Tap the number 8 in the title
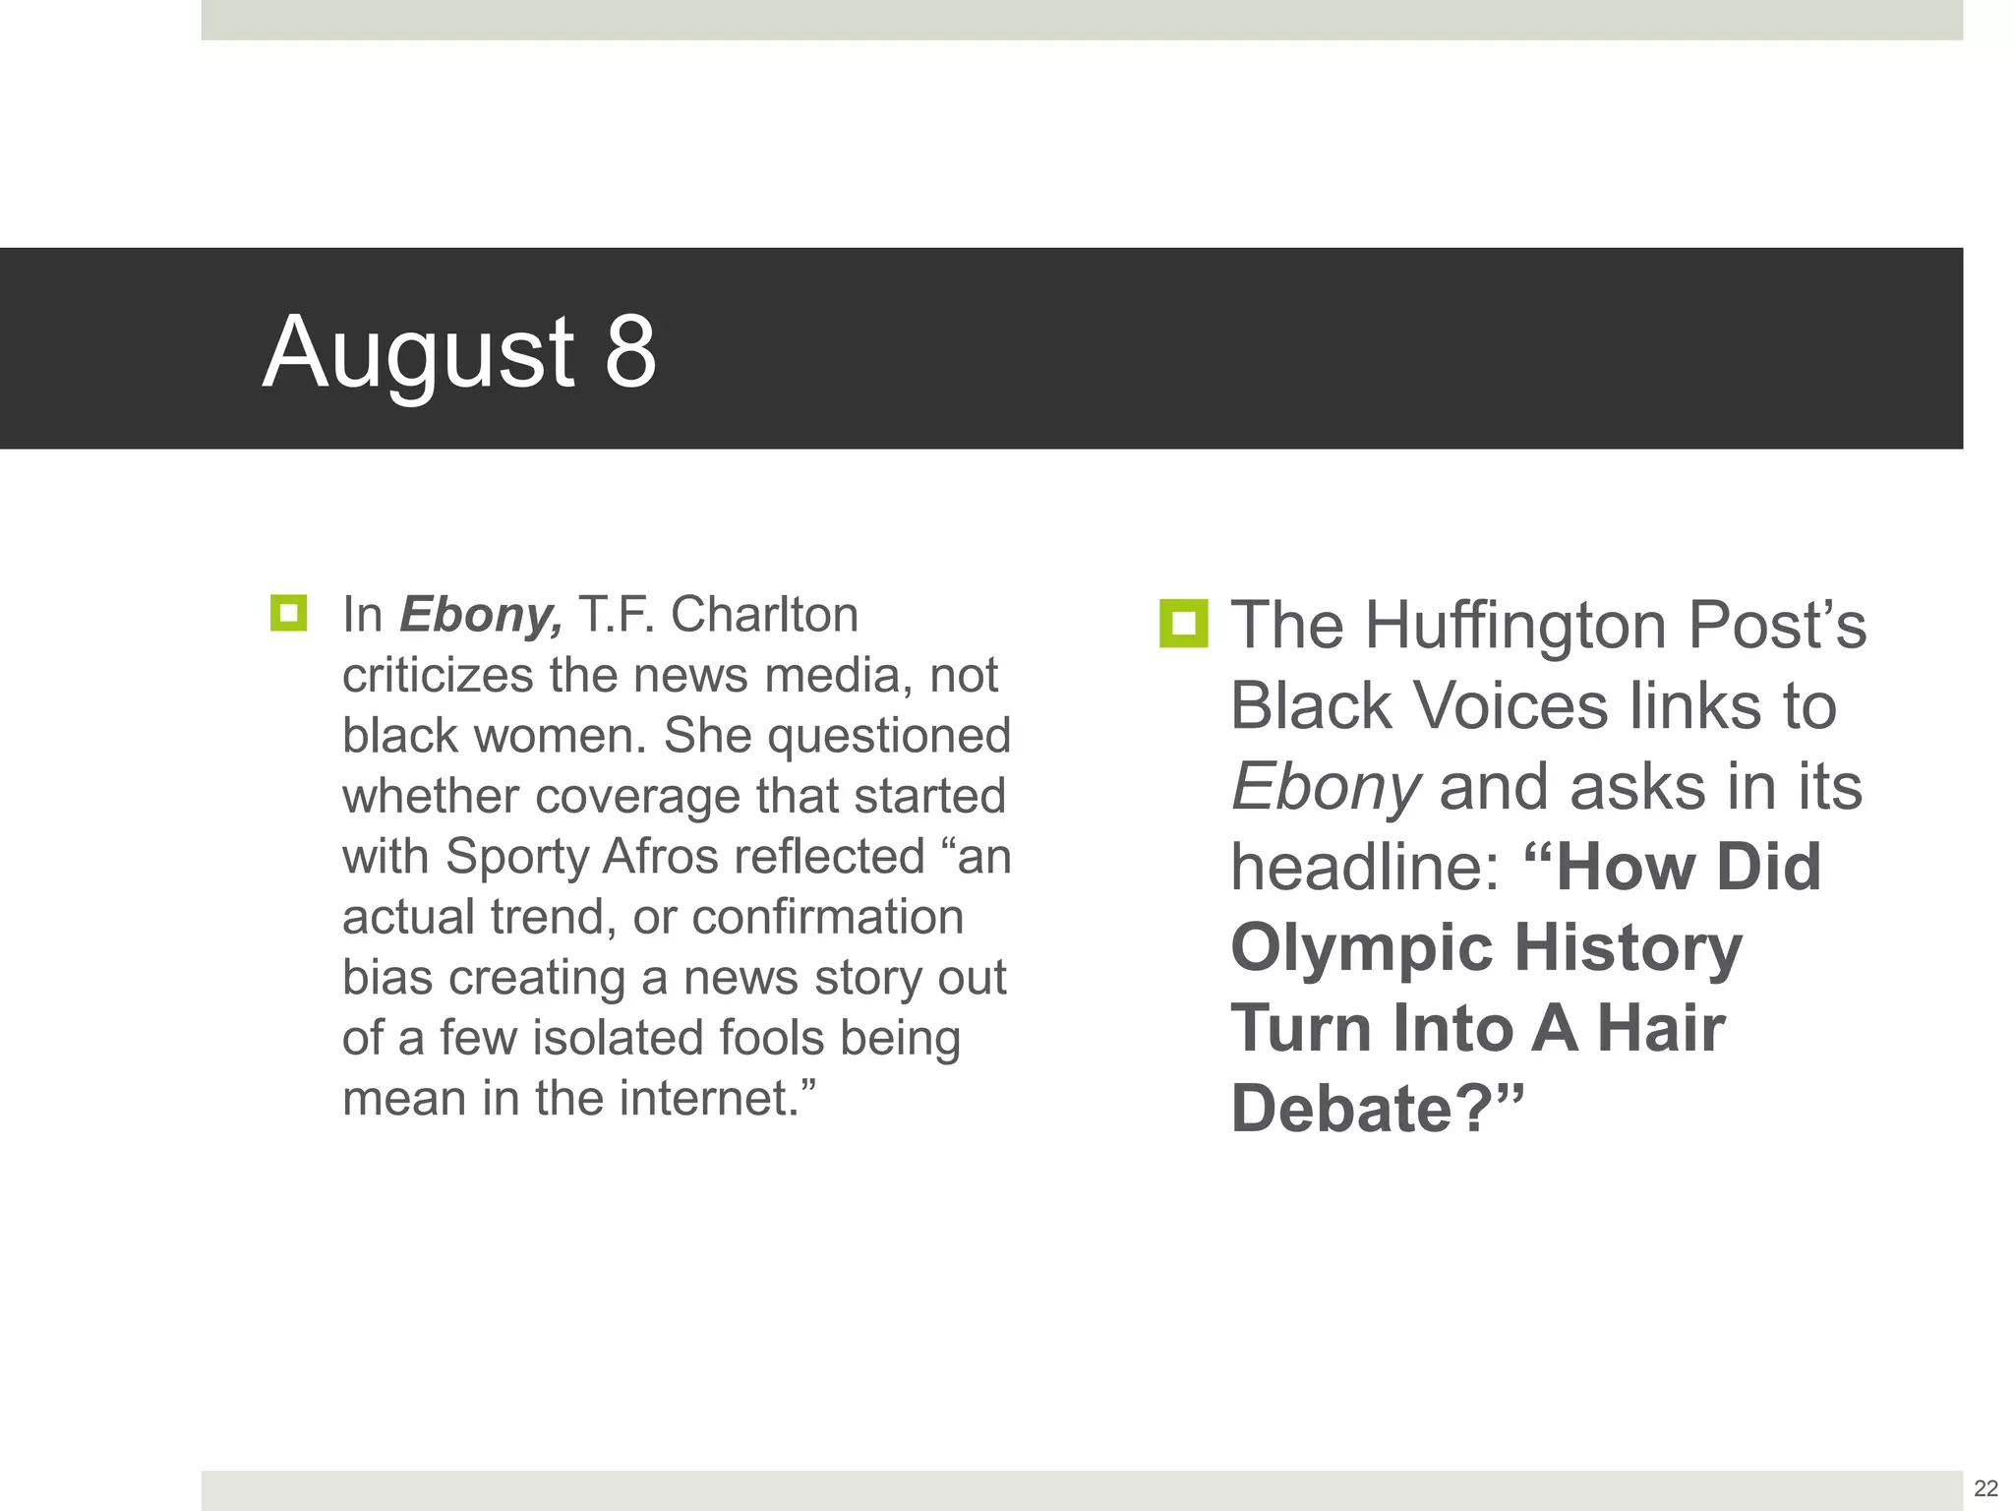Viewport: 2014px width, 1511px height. coord(629,351)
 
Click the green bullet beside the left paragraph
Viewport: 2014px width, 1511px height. coord(288,613)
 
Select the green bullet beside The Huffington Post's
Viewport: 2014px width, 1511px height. coord(1183,624)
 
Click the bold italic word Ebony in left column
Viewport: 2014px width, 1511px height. coord(481,616)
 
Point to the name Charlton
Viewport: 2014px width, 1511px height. coord(764,615)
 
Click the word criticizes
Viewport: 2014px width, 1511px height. coord(439,676)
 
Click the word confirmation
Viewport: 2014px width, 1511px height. coord(827,918)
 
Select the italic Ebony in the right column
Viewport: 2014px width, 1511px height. coord(1325,788)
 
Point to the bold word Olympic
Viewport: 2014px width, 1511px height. coord(1363,949)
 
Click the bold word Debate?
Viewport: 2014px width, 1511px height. coord(1364,1110)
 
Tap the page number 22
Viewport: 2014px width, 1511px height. coord(1985,1487)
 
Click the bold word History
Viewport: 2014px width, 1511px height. coord(1628,948)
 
